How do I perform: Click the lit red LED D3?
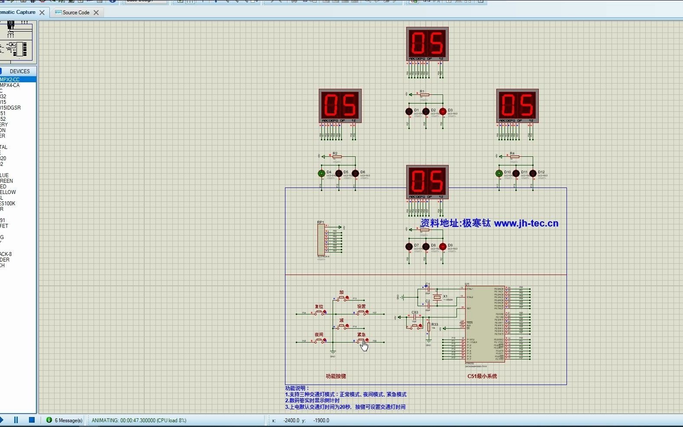coord(443,112)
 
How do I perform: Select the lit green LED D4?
coord(321,174)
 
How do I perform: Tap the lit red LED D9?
coord(443,247)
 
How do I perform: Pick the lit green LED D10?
coord(499,174)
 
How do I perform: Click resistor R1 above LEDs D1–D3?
coord(424,94)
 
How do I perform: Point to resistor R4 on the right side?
coord(515,157)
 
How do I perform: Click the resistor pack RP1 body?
coord(320,239)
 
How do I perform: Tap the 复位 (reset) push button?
coord(320,312)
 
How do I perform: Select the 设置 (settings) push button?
coord(362,312)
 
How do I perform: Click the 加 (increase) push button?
coord(342,298)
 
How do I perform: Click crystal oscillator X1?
coord(437,297)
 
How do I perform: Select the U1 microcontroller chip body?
coord(485,324)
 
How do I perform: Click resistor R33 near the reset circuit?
coord(429,327)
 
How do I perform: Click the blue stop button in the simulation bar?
coord(32,420)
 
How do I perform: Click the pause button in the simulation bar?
coord(16,420)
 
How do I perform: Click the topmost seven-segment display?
coord(427,44)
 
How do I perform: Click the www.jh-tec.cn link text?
coord(526,223)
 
